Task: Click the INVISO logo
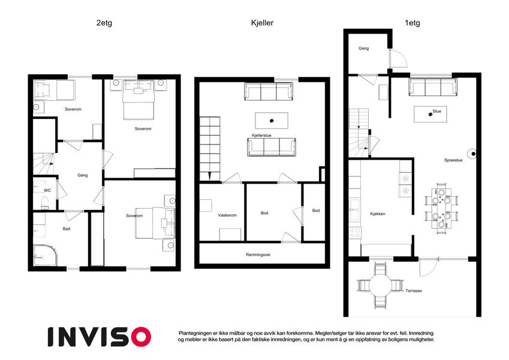pos(99,336)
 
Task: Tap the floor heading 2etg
pos(104,23)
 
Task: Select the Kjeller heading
pos(262,23)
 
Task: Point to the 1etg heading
pos(411,23)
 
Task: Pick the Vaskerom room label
pos(227,214)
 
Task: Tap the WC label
pos(47,191)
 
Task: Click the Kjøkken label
pos(378,214)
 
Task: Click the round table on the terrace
pos(379,286)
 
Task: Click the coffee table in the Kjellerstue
pos(271,119)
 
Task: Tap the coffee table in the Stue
pos(430,114)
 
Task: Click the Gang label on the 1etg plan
pos(363,48)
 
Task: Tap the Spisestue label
pos(453,160)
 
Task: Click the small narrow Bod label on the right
pos(316,211)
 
